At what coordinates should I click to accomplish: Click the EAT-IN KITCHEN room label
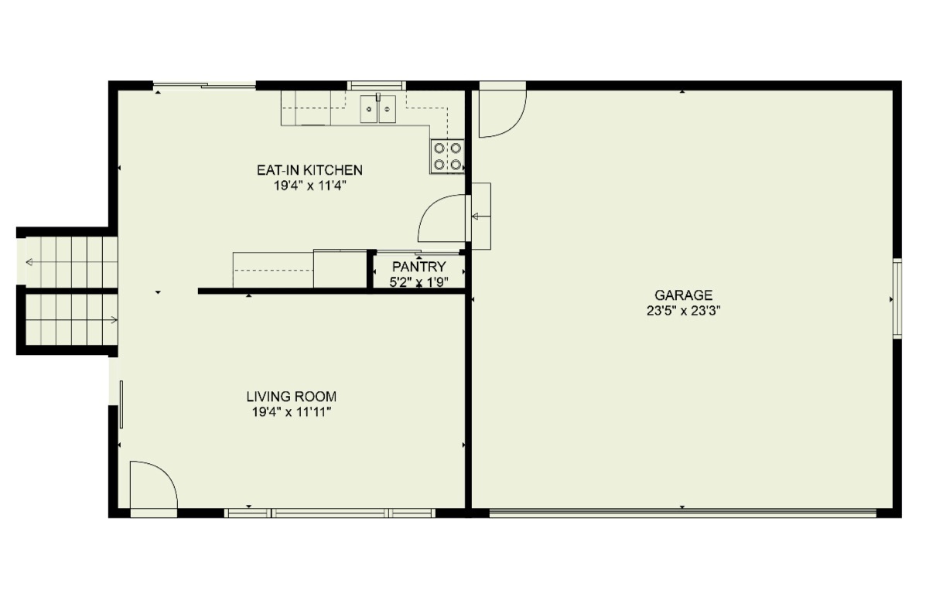click(x=309, y=170)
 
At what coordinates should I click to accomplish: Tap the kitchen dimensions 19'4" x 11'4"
click(x=309, y=186)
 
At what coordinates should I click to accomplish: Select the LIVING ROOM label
click(x=292, y=397)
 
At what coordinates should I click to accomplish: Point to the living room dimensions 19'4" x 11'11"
click(x=292, y=412)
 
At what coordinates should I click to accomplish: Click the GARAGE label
click(x=683, y=295)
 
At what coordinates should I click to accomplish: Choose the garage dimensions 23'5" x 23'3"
click(x=683, y=311)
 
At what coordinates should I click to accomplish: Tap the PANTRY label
click(x=419, y=268)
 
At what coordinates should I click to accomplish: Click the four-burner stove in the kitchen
click(x=448, y=156)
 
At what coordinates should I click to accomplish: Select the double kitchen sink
click(x=379, y=109)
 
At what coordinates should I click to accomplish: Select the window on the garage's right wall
click(x=897, y=298)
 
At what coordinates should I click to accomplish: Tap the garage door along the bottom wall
click(x=682, y=512)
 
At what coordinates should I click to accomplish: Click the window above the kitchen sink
click(x=377, y=85)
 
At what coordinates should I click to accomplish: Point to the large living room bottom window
click(x=330, y=513)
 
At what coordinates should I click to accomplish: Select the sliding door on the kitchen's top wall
click(x=204, y=85)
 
